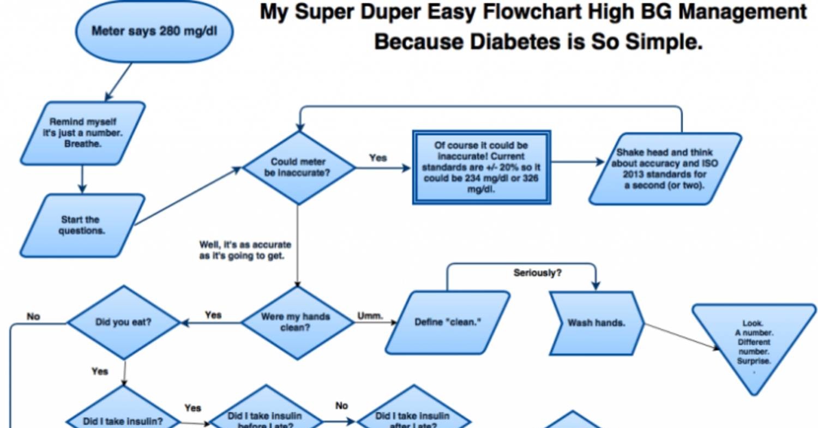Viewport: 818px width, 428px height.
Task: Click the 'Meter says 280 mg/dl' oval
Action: click(x=154, y=31)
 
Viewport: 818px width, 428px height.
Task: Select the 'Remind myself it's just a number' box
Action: click(x=83, y=133)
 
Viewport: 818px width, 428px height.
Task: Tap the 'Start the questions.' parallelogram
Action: click(x=82, y=225)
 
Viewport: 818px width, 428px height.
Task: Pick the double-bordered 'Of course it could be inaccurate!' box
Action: click(x=481, y=167)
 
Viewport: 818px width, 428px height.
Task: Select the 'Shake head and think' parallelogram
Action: click(x=665, y=169)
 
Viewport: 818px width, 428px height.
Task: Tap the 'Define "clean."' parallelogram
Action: click(x=448, y=322)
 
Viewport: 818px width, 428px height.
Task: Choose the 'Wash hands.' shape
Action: click(x=596, y=323)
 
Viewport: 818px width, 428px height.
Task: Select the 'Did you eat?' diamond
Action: click(x=123, y=322)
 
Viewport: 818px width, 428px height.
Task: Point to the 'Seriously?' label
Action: click(x=537, y=273)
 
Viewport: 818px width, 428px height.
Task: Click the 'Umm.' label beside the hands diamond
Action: click(x=370, y=316)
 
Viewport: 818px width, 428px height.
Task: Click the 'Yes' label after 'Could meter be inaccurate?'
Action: click(x=378, y=158)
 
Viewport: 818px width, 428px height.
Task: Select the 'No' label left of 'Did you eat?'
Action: click(x=33, y=316)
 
